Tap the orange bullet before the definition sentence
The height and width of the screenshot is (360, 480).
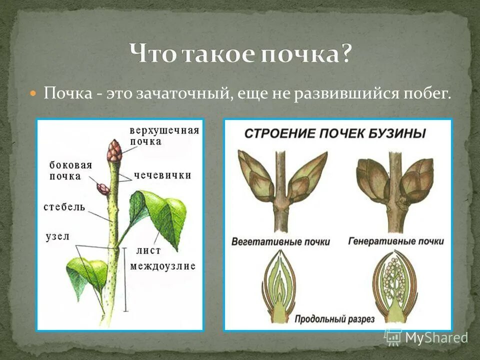tap(33, 93)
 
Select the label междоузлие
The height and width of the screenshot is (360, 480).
tap(162, 266)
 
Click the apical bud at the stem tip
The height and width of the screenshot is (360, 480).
tap(114, 150)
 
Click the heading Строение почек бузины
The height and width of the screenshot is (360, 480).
tap(335, 134)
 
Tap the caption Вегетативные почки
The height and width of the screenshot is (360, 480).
tap(280, 241)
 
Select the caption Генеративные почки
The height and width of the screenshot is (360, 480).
tap(395, 241)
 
